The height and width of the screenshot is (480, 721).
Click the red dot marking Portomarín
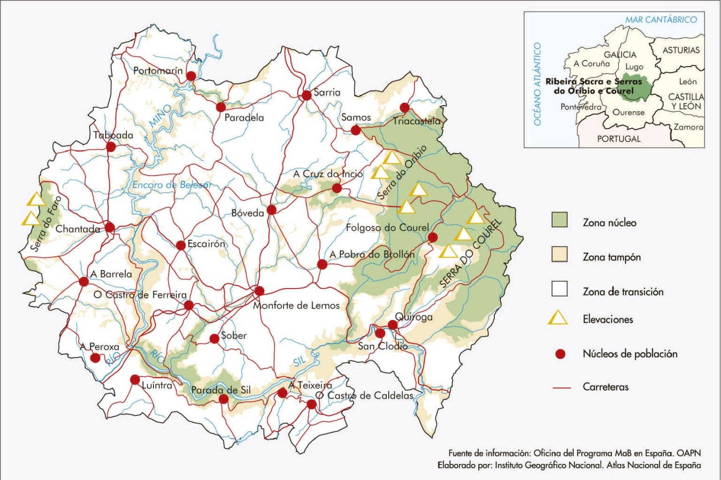pos(191,76)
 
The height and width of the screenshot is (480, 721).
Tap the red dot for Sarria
pos(307,95)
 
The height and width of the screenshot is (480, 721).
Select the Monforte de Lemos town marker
pos(259,291)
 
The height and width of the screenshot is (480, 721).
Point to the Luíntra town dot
pos(135,379)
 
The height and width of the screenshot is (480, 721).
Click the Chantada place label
pos(77,229)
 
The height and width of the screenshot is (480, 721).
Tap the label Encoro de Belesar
pos(171,185)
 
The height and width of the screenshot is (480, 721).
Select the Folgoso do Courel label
pos(387,228)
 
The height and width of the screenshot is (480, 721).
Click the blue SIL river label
pos(300,360)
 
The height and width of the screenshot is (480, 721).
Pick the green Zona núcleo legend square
pos(559,220)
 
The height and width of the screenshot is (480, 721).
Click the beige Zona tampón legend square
pos(559,254)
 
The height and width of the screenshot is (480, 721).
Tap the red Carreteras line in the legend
pos(561,388)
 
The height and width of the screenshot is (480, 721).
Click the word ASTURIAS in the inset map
pos(681,50)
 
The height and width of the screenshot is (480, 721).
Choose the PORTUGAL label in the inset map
pos(618,139)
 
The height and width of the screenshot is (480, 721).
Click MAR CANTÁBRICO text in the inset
pos(660,20)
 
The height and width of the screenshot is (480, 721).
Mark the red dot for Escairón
pos(181,245)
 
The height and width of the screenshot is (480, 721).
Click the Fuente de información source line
pos(574,453)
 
